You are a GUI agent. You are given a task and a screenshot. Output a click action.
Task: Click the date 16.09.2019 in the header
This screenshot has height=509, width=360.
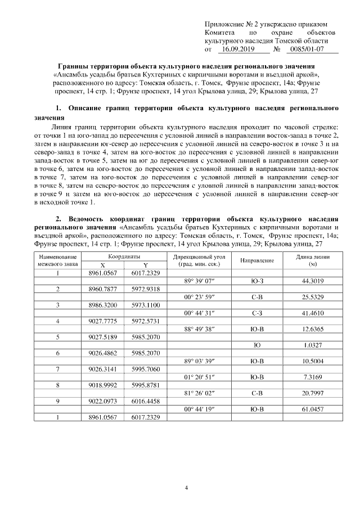[236, 49]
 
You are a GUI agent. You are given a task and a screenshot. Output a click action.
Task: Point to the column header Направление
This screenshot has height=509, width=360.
[257, 260]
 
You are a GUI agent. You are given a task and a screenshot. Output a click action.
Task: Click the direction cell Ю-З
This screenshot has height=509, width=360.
[257, 281]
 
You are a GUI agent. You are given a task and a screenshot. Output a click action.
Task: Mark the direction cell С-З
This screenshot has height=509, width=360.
[257, 313]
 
